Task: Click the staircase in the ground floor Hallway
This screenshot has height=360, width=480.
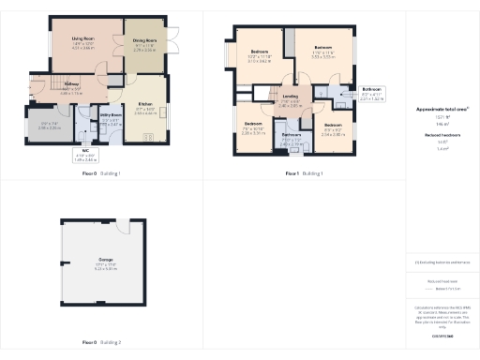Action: coord(38,86)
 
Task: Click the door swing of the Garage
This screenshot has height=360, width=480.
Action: coord(124,225)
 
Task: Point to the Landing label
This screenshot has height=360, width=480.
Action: coord(291,102)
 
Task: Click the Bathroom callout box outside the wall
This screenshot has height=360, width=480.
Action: coord(372,94)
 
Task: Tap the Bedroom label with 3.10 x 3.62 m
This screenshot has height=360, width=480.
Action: coord(259,56)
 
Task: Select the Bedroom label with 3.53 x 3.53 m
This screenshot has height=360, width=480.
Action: coord(322,52)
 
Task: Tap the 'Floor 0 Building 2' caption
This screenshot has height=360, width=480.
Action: coord(101,343)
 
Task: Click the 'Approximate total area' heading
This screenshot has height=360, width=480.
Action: coord(442,109)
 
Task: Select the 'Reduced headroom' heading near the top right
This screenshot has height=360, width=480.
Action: coord(442,135)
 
